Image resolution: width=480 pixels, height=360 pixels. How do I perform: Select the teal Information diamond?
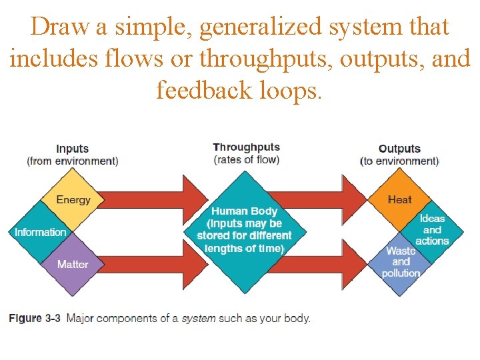click(x=41, y=232)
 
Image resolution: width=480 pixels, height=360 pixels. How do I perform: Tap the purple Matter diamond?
click(x=73, y=265)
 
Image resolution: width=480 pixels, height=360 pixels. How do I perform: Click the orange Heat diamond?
click(x=399, y=199)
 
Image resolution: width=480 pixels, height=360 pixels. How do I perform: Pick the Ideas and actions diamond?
click(x=432, y=229)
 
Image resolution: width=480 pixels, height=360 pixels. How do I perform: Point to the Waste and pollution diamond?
click(x=400, y=262)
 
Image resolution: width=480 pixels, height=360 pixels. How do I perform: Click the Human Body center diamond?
click(x=245, y=230)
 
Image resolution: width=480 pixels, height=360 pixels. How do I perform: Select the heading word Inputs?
click(x=73, y=149)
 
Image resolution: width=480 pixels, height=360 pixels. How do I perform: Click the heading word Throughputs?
click(x=246, y=147)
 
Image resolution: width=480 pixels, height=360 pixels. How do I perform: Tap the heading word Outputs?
click(x=399, y=149)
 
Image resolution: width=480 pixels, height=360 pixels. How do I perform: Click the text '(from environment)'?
click(x=73, y=161)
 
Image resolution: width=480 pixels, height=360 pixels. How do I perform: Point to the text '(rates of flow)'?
click(x=246, y=159)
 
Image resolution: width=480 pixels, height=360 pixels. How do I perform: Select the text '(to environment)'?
click(x=399, y=161)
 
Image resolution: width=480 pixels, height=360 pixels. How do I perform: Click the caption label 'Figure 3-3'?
click(x=34, y=318)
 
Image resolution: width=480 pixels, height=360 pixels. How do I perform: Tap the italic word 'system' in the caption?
click(x=199, y=318)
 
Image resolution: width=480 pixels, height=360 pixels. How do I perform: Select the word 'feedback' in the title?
click(x=199, y=89)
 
